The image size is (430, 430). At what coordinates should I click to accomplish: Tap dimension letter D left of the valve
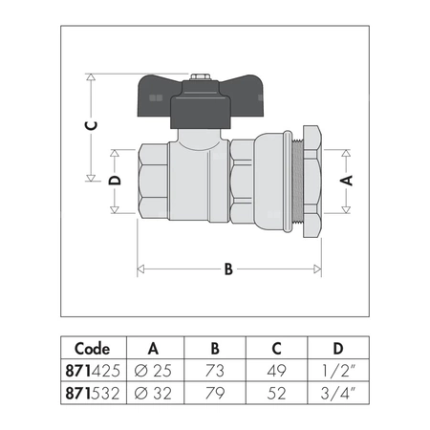tap(114, 181)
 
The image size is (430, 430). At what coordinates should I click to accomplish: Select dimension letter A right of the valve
tap(348, 179)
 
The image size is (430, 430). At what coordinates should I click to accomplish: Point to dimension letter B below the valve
tap(228, 269)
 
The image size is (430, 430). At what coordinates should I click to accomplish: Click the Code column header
tap(92, 348)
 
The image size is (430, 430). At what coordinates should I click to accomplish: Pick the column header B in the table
tap(214, 348)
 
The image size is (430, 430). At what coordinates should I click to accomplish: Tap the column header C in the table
tap(276, 348)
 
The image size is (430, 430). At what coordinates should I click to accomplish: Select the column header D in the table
tap(337, 348)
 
